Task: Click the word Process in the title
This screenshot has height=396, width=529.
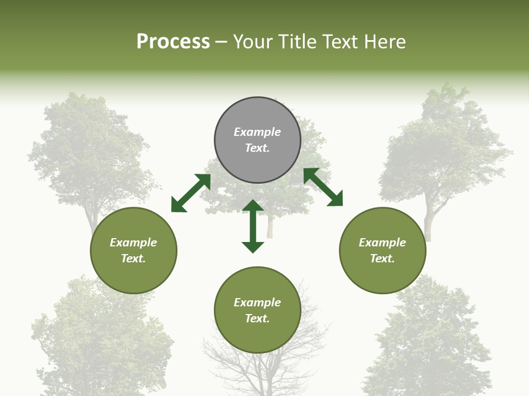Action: pyautogui.click(x=173, y=42)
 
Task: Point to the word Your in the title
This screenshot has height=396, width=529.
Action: pyautogui.click(x=254, y=42)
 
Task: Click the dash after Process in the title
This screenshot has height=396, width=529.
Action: pyautogui.click(x=222, y=42)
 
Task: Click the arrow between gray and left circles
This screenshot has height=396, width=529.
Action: pyautogui.click(x=191, y=193)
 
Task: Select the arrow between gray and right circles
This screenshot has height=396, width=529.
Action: pyautogui.click(x=323, y=188)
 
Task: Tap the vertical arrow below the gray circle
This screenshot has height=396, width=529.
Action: pyautogui.click(x=253, y=226)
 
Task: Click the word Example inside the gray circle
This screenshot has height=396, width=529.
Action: pyautogui.click(x=257, y=132)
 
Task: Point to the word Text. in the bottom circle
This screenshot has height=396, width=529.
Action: pyautogui.click(x=257, y=318)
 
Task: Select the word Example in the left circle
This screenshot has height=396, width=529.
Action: pyautogui.click(x=133, y=243)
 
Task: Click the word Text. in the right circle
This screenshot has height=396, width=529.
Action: pyautogui.click(x=382, y=258)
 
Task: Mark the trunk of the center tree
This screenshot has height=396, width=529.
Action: pyautogui.click(x=270, y=227)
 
